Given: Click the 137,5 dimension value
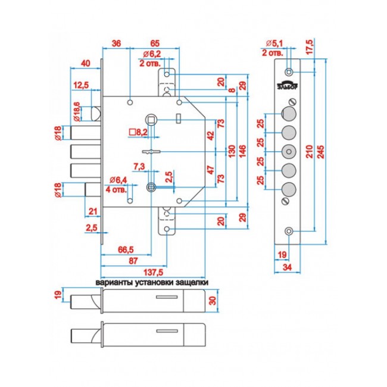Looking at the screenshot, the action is (x=153, y=273).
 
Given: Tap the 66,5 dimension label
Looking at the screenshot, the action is (x=126, y=249).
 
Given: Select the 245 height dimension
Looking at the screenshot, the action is (x=322, y=152).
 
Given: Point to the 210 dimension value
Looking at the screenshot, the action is (x=310, y=151).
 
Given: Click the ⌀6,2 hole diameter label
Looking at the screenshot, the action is (x=152, y=54).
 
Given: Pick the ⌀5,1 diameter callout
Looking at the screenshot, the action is (x=274, y=43).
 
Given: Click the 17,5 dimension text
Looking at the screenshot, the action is (x=310, y=46).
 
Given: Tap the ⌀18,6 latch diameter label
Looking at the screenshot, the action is (x=77, y=111).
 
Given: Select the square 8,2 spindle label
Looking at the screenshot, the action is (x=138, y=132).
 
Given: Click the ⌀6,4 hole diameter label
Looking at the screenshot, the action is (x=118, y=180).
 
